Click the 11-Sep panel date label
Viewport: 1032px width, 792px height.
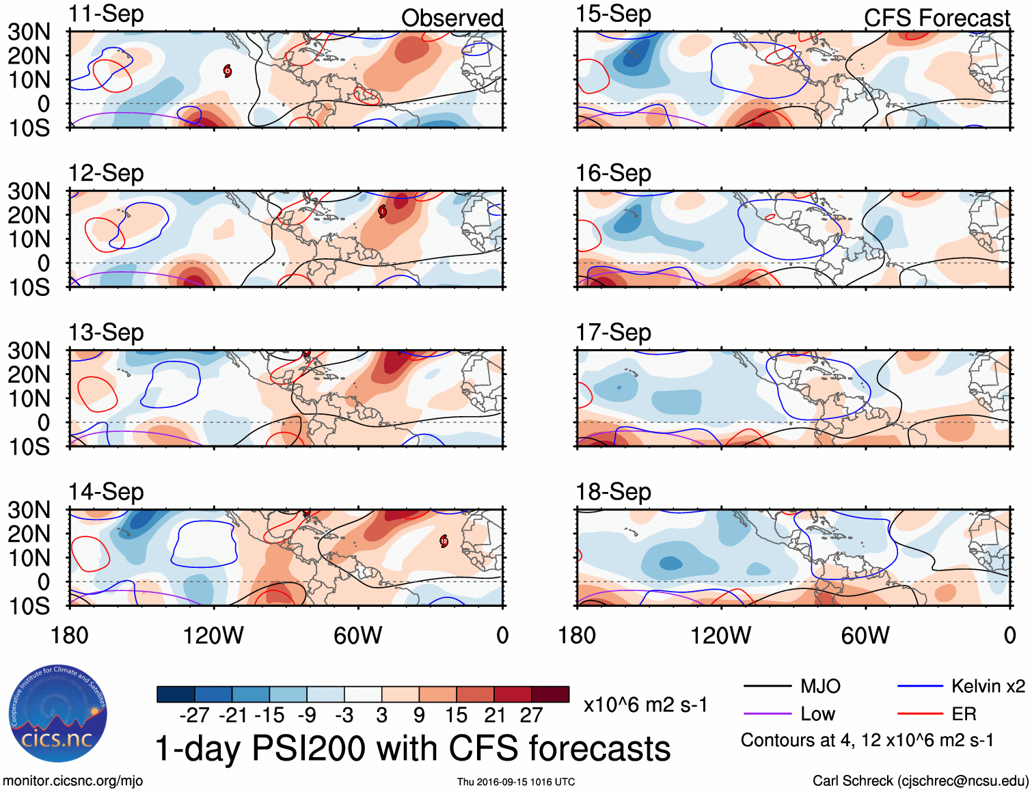click(106, 14)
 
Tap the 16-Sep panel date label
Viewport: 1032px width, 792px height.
click(613, 173)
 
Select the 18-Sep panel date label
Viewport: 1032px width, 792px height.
click(613, 491)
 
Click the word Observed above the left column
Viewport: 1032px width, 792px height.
click(452, 18)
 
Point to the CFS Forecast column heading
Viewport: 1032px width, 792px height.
click(936, 18)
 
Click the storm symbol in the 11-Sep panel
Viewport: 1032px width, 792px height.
click(228, 70)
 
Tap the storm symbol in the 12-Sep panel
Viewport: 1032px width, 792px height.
click(382, 211)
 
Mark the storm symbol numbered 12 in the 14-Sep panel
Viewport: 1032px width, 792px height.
click(444, 541)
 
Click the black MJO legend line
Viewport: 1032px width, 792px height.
click(766, 686)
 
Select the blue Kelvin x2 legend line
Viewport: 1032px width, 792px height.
click(919, 686)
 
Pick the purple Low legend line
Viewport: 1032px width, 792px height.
click(766, 714)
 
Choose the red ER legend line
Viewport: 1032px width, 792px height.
click(919, 714)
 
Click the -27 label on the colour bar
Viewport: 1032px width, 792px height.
click(194, 715)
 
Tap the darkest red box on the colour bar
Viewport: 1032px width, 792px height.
click(550, 694)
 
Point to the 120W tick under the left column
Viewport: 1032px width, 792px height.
click(213, 636)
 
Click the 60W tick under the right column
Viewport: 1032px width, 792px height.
click(865, 636)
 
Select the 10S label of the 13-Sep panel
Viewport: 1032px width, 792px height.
click(29, 447)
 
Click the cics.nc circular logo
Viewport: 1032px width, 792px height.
click(58, 714)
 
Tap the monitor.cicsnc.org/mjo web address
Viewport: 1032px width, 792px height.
click(73, 781)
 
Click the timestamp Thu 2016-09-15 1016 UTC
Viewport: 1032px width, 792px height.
click(516, 782)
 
